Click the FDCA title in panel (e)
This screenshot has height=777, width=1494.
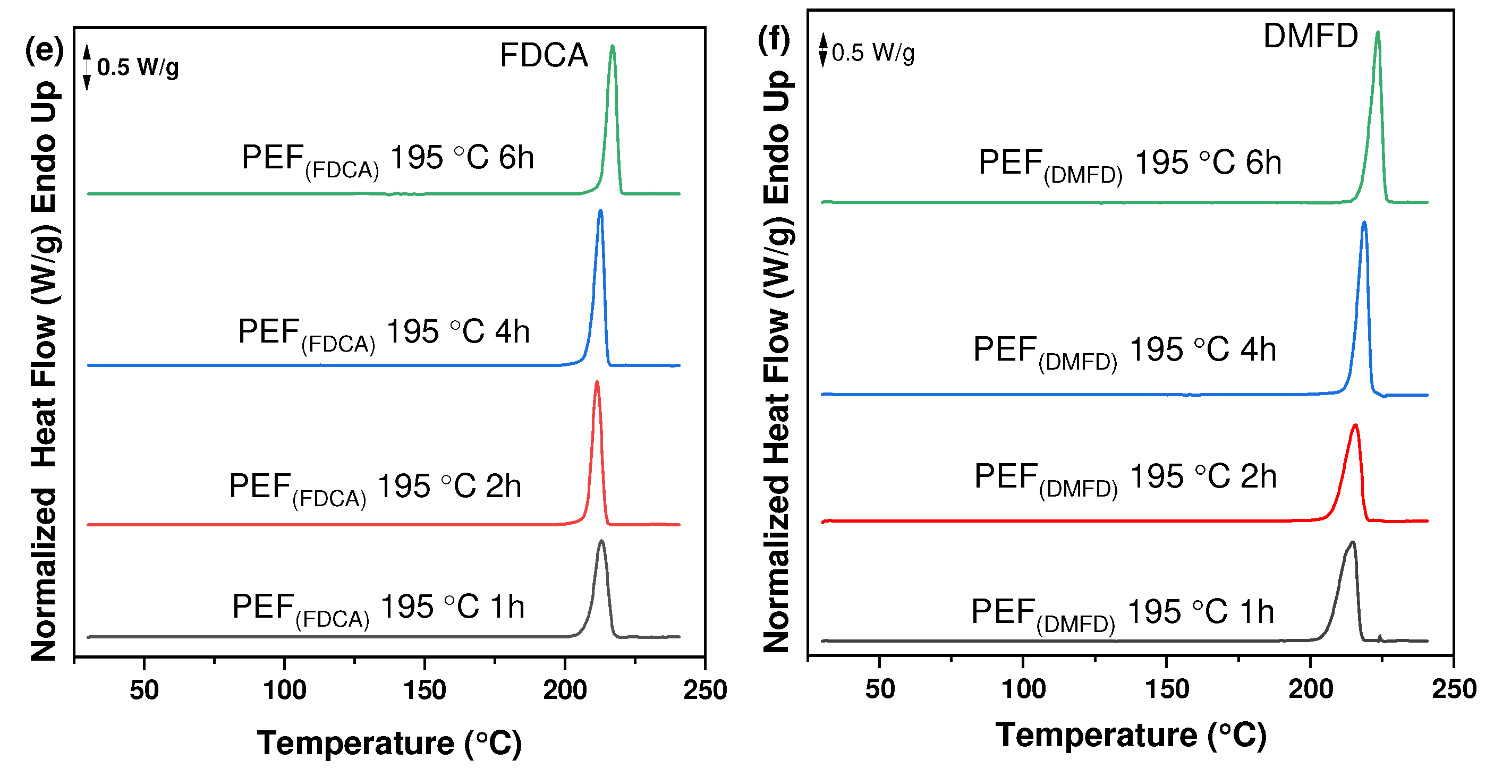click(x=544, y=56)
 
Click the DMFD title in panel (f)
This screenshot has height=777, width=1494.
click(x=1310, y=36)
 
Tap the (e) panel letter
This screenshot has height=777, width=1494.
click(x=44, y=50)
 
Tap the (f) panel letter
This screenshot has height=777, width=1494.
click(x=774, y=40)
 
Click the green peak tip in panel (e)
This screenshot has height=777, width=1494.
click(x=612, y=47)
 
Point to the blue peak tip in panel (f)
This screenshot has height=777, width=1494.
click(x=1363, y=223)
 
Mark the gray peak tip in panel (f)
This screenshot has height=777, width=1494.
click(x=1353, y=543)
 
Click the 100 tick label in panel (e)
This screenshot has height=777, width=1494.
click(x=284, y=690)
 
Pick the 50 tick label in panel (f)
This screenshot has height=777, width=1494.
click(x=880, y=689)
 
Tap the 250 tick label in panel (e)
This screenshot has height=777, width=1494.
click(x=704, y=690)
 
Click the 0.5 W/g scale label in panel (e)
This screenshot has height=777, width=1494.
click(x=138, y=67)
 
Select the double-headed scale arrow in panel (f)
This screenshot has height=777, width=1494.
click(x=822, y=50)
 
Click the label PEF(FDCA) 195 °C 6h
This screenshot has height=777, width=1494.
click(x=387, y=159)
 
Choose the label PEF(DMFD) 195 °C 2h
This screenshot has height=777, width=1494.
click(x=1125, y=478)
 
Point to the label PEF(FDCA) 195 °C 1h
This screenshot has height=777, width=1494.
click(x=378, y=608)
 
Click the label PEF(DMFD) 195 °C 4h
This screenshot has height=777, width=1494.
click(x=1124, y=351)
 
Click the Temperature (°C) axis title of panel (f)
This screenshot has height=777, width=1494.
click(x=1131, y=735)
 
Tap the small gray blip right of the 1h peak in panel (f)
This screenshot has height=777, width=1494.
click(x=1380, y=638)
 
